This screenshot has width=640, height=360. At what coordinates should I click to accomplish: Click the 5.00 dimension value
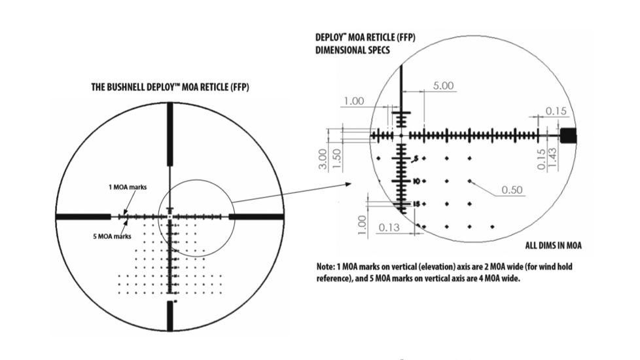pyautogui.click(x=444, y=86)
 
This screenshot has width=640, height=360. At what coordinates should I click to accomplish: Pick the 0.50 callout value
pyautogui.click(x=512, y=190)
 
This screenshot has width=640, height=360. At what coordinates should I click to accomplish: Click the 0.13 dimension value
pyautogui.click(x=390, y=227)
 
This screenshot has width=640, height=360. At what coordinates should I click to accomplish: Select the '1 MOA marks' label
pyautogui.click(x=128, y=187)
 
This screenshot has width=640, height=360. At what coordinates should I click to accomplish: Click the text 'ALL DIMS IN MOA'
pyautogui.click(x=554, y=246)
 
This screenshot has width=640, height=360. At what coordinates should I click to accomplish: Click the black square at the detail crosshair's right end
pyautogui.click(x=569, y=135)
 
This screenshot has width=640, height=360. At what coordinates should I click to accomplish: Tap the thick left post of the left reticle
pyautogui.click(x=82, y=216)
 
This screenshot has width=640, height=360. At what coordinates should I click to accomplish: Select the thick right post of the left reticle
pyautogui.click(x=257, y=216)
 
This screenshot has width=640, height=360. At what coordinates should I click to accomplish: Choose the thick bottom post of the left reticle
pyautogui.click(x=170, y=317)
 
